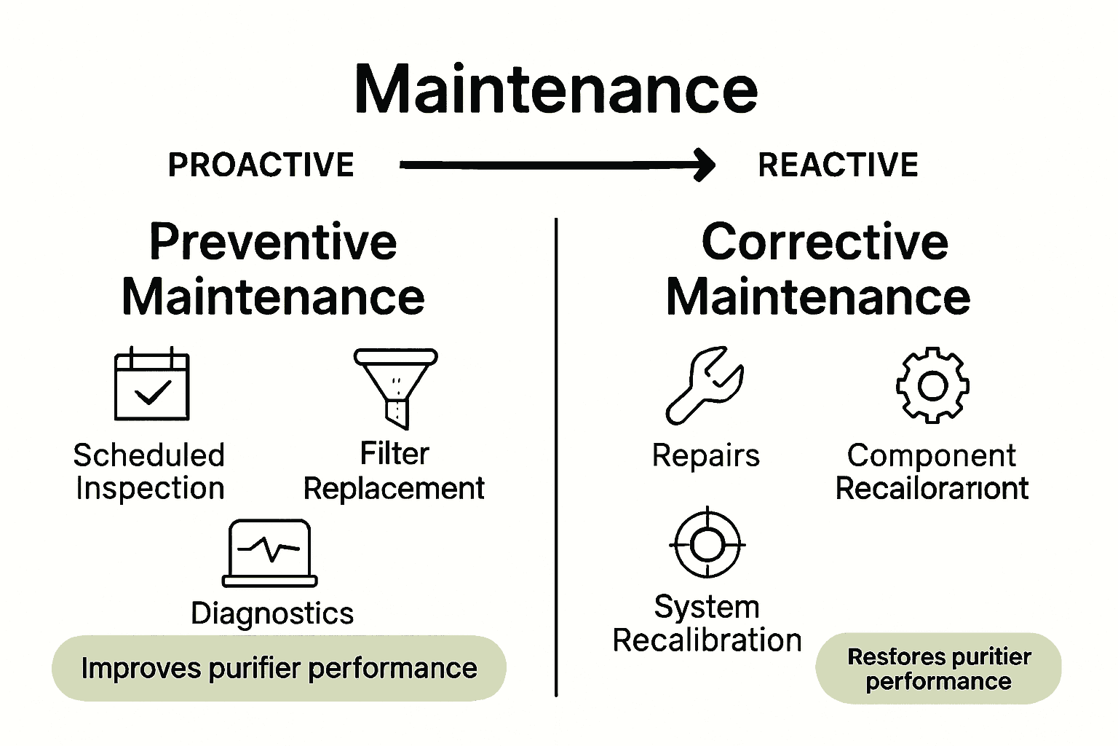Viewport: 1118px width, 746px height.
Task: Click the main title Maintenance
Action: coord(556,89)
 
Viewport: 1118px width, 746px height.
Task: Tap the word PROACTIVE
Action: coord(261,165)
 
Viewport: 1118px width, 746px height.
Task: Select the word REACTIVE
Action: coord(838,165)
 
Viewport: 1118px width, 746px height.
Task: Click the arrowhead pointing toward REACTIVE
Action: coord(705,165)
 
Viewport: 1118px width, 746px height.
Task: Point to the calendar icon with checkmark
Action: coord(152,385)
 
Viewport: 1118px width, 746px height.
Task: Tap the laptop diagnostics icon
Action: coord(270,553)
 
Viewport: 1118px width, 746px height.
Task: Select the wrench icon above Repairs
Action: coord(704,385)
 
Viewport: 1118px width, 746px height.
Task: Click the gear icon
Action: coord(932,385)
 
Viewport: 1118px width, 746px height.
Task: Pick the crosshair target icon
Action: coord(707,543)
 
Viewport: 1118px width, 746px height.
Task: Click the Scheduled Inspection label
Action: coord(149,471)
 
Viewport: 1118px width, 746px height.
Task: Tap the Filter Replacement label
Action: coord(394,471)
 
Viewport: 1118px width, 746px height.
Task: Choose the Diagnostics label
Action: coord(272,613)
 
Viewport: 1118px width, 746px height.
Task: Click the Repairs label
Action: coord(705,456)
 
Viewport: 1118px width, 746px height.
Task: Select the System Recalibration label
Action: coord(707,624)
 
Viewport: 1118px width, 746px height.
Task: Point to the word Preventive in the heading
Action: coord(273,242)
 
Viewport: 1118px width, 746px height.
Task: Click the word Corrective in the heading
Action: coord(825,242)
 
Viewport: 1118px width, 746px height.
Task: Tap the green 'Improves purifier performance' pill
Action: coord(279,668)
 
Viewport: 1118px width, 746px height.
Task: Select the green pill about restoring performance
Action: coord(938,668)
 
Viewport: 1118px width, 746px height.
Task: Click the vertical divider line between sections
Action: coord(556,452)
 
